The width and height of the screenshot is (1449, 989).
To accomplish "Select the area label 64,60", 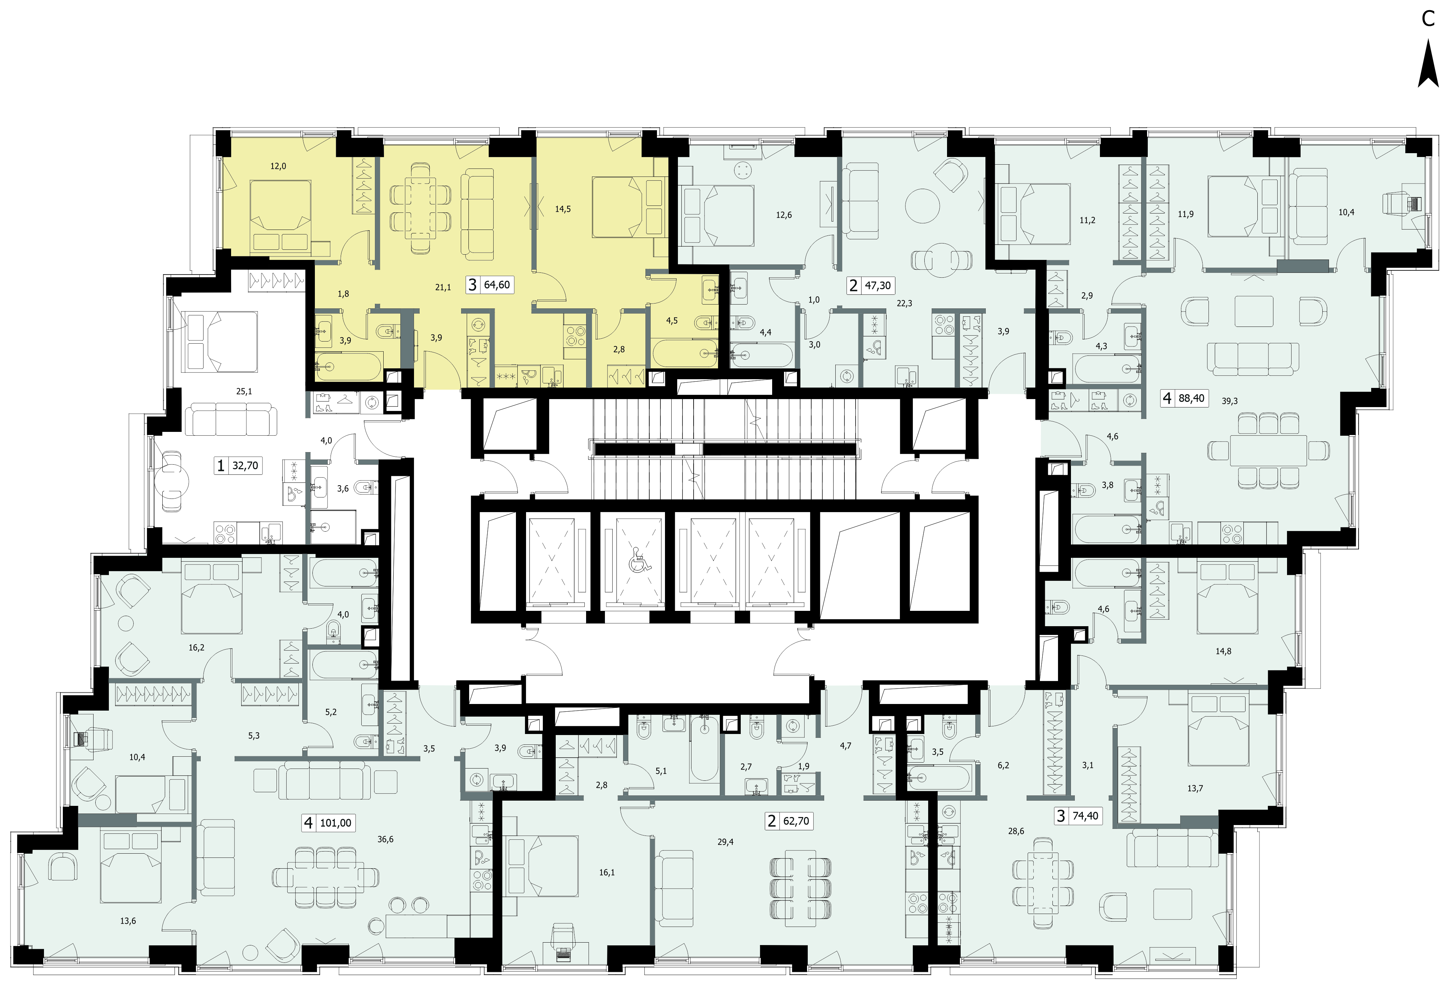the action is click(497, 285).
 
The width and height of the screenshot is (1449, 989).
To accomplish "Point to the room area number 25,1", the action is click(244, 391).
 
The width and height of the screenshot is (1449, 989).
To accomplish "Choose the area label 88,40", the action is click(1191, 398).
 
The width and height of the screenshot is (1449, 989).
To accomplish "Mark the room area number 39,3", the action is click(1229, 401).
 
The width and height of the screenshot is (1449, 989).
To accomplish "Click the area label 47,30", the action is click(878, 285).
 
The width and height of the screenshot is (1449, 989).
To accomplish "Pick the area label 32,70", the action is click(245, 465).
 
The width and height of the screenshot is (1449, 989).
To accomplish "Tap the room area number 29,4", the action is click(725, 841).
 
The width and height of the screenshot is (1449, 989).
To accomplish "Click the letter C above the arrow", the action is click(1428, 19).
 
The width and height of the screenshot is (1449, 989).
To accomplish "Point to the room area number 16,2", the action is click(197, 647).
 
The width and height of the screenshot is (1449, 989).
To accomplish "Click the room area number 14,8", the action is click(1223, 651).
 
